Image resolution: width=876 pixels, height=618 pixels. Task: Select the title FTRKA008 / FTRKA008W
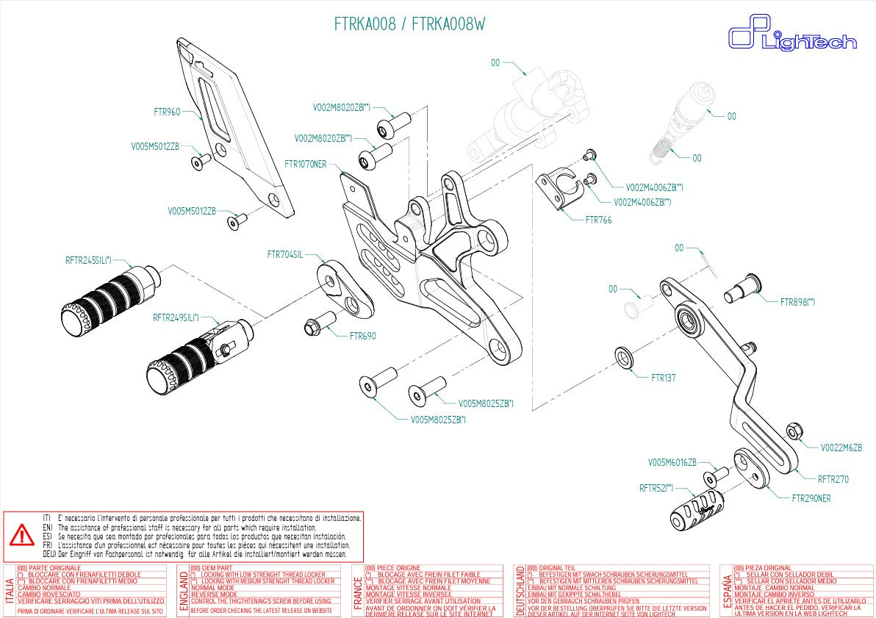pos(410,24)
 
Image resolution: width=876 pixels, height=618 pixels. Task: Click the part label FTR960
pos(167,112)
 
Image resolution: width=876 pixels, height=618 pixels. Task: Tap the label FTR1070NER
pos(305,165)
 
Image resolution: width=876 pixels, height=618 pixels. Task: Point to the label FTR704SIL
pos(285,255)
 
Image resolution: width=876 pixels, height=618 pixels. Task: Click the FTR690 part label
pos(362,337)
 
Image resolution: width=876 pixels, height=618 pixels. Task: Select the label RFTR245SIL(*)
pos(88,260)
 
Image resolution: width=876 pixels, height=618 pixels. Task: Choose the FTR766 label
pos(598,220)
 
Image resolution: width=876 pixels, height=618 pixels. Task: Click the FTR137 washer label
pos(663,378)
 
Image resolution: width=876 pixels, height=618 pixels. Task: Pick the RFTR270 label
pos(833,479)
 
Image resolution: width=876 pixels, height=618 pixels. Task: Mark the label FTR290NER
pos(811,498)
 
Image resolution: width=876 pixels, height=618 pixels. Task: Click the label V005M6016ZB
pos(672,463)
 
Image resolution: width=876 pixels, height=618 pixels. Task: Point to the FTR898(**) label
pos(797,302)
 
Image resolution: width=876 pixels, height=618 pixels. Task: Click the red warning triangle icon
pos(22,536)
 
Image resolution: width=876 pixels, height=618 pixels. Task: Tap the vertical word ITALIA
pos(10,592)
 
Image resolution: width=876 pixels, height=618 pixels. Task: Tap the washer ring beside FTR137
pos(624,358)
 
